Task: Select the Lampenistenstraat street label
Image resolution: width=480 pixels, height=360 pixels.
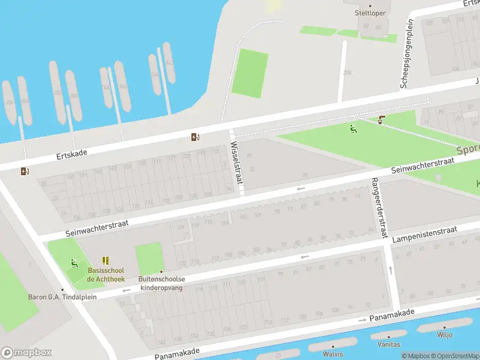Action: coord(424,234)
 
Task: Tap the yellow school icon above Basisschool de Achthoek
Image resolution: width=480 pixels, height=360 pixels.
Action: coord(106,260)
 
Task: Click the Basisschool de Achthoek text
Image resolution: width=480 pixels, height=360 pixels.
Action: coord(106,275)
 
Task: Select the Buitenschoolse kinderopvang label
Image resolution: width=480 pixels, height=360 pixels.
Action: coord(162,283)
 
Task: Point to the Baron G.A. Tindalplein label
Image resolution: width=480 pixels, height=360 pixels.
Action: coord(62,296)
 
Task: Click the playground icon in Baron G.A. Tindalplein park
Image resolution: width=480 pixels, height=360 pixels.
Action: coord(74,262)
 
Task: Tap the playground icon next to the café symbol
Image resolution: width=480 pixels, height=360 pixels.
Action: coord(353,128)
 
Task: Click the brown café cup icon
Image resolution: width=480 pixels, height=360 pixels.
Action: coord(382,120)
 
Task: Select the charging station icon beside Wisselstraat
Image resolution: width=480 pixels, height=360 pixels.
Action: coord(195,137)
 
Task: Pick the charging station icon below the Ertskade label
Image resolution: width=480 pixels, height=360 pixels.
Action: coord(24,172)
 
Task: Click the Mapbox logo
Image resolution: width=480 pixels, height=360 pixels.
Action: coord(26,353)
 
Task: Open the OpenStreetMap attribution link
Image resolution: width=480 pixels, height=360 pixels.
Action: coord(455,356)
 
